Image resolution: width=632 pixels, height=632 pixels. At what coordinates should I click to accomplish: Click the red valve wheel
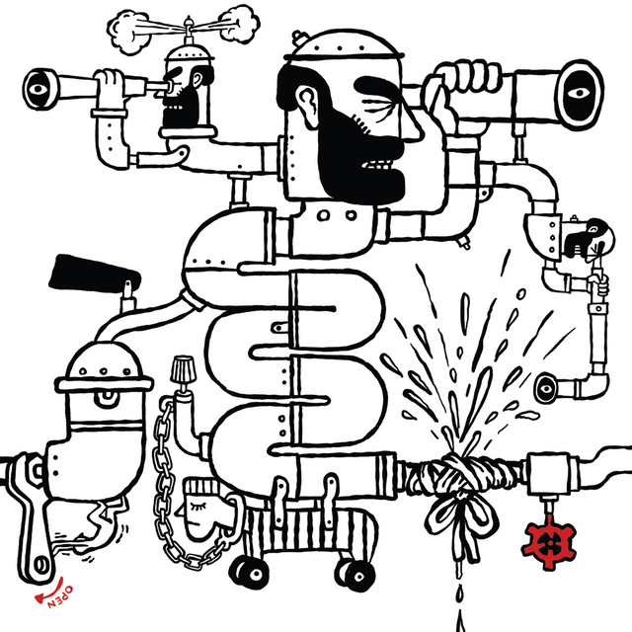(548, 542)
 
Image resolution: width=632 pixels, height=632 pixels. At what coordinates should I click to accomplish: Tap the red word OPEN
(60, 596)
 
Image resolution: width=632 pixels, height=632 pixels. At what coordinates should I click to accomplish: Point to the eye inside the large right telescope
(579, 93)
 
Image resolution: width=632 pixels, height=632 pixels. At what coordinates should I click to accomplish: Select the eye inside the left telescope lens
(38, 89)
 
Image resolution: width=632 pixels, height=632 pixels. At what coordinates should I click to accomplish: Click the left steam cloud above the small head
(129, 33)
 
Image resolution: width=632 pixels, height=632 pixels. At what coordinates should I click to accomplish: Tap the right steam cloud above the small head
(238, 24)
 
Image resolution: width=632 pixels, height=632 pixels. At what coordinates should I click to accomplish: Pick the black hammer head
(95, 273)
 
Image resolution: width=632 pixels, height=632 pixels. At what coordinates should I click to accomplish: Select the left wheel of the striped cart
(250, 571)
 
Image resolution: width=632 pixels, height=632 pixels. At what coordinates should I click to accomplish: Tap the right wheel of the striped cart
(356, 576)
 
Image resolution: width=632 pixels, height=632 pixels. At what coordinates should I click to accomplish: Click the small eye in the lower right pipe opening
(546, 389)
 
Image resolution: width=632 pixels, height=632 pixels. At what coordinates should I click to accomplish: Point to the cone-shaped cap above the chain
(183, 368)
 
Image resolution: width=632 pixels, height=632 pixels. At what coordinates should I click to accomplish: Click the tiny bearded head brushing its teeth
(590, 239)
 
